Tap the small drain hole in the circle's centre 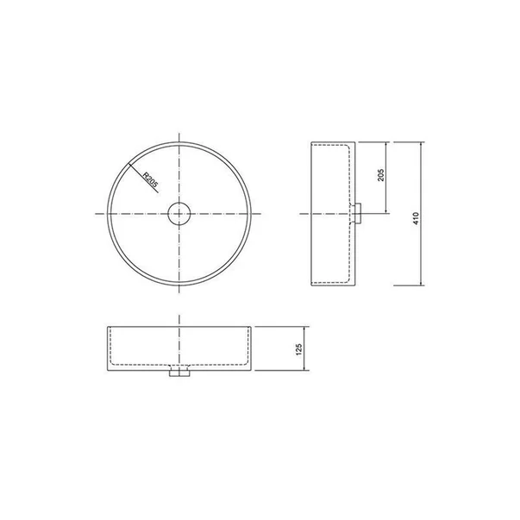click(179, 212)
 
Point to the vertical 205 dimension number click(380, 178)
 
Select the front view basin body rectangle click(179, 347)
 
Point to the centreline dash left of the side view click(303, 212)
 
